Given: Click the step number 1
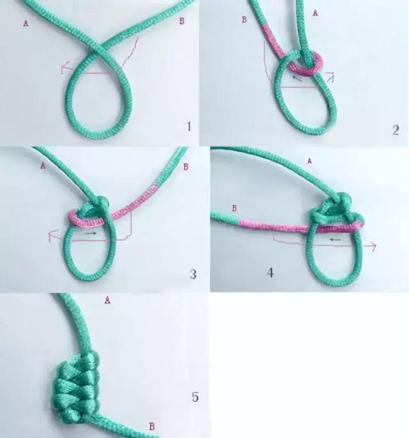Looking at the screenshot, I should (189, 127).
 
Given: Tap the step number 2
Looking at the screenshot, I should (396, 130).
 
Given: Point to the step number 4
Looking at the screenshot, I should (271, 273).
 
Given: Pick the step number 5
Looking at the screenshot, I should (195, 397).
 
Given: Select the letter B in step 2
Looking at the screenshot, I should (243, 20).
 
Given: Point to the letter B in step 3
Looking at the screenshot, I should (185, 168).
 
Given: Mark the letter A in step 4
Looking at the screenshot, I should (310, 160).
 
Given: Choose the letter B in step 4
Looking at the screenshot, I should (234, 208).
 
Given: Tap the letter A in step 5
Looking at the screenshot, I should (106, 299).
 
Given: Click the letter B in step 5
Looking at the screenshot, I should (151, 426).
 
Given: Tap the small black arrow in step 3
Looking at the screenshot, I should (91, 234).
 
